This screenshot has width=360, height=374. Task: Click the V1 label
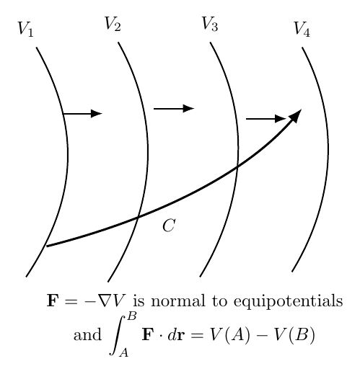coord(25,29)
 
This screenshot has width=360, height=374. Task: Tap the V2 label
coord(113,24)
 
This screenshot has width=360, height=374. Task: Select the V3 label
coord(210,24)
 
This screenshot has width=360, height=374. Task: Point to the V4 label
coord(302,29)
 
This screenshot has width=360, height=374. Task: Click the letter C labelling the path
coord(169,226)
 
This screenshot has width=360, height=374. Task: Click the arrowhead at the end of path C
coord(296,115)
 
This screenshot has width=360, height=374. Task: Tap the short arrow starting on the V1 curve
coord(82,113)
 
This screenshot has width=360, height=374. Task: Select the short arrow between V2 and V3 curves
coord(174,109)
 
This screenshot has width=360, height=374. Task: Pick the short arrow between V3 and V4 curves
coord(266,119)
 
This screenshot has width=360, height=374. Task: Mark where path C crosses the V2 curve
coord(138,218)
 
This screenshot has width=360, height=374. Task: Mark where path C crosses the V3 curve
coord(237,166)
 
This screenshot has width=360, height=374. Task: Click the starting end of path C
coord(47,246)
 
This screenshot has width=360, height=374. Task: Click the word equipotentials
coord(288,301)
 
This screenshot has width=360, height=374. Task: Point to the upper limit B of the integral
coord(132,316)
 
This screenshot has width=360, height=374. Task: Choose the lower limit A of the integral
coord(124,352)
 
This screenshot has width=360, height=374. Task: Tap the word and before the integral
coord(87,335)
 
